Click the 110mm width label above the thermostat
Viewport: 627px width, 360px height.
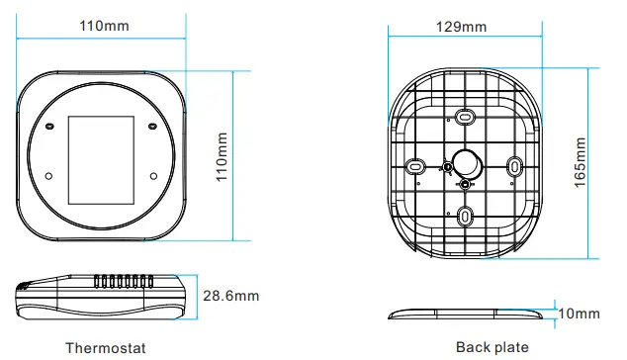pyautogui.click(x=104, y=26)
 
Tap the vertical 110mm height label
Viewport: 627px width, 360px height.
pyautogui.click(x=222, y=157)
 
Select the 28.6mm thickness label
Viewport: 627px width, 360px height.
pyautogui.click(x=231, y=296)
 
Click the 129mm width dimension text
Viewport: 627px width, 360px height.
pyautogui.click(x=461, y=27)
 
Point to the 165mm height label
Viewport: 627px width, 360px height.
pyautogui.click(x=580, y=162)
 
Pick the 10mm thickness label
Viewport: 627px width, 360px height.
pyautogui.click(x=579, y=314)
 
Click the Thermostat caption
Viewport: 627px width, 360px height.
pyautogui.click(x=106, y=348)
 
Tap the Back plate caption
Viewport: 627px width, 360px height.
pyautogui.click(x=493, y=347)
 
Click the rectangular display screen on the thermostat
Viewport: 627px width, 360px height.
pyautogui.click(x=101, y=160)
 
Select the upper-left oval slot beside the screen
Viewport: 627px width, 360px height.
pyautogui.click(x=49, y=127)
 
